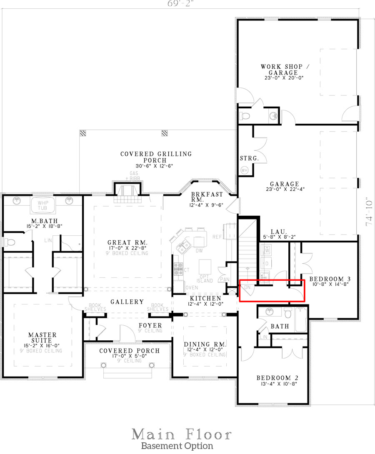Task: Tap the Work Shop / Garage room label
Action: coord(279,70)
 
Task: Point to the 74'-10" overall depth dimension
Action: coord(369,212)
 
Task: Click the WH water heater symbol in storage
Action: coord(245,170)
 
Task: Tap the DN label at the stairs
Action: coord(247,287)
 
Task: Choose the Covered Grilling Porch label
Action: coord(156,157)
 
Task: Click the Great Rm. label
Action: coord(127,242)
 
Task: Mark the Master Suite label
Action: coord(42,338)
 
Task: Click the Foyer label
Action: coord(150,325)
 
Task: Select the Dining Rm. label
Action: coord(205,344)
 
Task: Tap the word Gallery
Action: coord(127,302)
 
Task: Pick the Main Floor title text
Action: coord(182,434)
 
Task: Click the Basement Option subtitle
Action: coord(177,446)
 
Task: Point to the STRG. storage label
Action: coord(249,159)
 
